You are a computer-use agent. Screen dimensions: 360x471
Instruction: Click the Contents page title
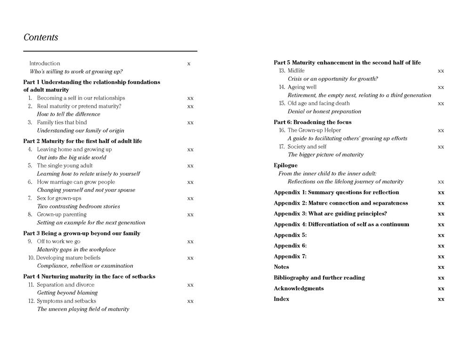point(41,37)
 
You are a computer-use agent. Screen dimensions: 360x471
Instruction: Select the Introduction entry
point(45,63)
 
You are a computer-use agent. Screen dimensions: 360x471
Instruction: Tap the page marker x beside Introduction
point(189,64)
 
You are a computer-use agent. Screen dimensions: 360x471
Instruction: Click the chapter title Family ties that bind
point(62,122)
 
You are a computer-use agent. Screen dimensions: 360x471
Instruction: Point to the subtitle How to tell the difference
point(68,114)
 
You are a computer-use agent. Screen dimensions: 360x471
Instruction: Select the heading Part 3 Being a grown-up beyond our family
point(81,233)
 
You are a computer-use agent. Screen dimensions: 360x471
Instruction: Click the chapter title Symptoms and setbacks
point(66,301)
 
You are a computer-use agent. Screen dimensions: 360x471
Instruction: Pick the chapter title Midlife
point(296,71)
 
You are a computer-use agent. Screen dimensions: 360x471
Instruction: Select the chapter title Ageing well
point(302,87)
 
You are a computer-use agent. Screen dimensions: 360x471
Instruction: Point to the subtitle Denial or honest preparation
point(325,112)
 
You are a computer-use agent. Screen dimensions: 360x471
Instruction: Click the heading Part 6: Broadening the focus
point(312,122)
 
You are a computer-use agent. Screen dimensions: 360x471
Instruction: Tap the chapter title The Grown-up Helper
point(314,130)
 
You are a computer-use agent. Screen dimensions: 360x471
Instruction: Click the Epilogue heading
point(285,166)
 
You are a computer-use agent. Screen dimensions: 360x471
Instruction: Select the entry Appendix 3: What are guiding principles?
point(330,214)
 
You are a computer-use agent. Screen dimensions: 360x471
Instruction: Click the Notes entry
point(281,267)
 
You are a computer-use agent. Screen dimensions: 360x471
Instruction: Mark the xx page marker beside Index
point(441,299)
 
